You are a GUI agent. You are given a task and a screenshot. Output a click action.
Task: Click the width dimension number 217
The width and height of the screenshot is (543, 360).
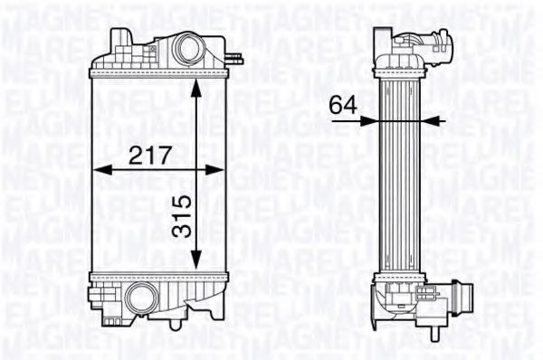coord(150,155)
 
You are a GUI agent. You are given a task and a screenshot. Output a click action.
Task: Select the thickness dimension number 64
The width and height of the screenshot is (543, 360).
coord(341,105)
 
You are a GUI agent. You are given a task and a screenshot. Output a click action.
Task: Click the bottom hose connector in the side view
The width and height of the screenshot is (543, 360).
coord(425,297)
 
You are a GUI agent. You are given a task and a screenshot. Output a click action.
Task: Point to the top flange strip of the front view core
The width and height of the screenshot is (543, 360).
coord(159,71)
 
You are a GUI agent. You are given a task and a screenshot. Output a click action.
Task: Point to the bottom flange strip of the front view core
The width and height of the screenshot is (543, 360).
coord(159,274)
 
